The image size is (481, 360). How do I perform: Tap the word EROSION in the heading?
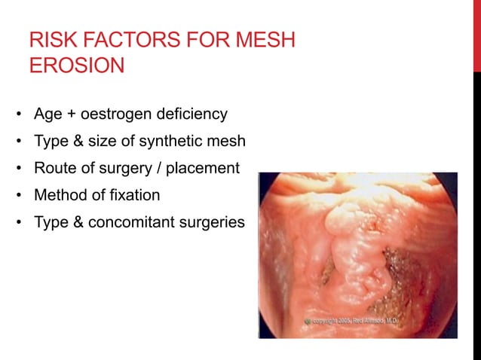pyautogui.click(x=75, y=66)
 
